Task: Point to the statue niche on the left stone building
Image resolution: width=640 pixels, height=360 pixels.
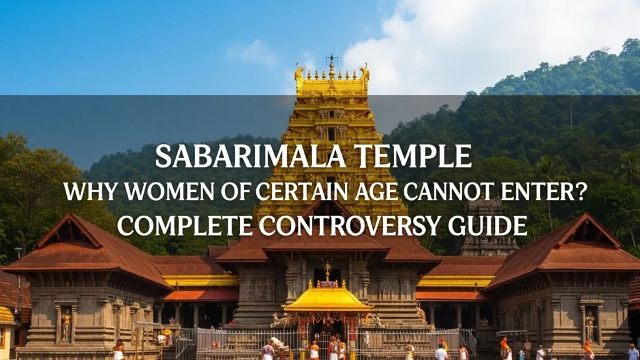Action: pyautogui.click(x=66, y=324)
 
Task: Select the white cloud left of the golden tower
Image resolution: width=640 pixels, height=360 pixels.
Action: pyautogui.click(x=253, y=52)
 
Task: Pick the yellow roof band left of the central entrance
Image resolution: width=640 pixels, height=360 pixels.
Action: pyautogui.click(x=201, y=281)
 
